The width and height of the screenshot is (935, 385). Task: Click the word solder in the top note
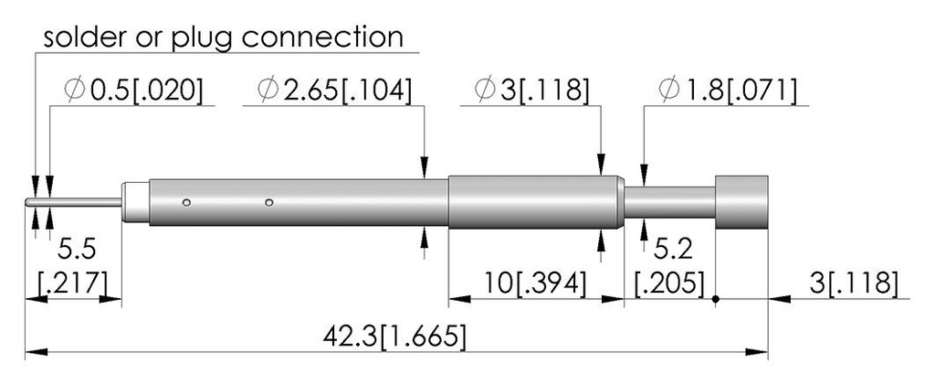coord(81,37)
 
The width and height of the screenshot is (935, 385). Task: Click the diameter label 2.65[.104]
coord(334,91)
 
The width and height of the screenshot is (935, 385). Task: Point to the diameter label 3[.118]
coord(531,91)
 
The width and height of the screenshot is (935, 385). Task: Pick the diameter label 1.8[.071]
coord(728,91)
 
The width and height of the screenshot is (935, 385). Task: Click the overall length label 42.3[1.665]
coord(394,337)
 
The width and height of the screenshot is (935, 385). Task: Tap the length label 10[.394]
coord(533,284)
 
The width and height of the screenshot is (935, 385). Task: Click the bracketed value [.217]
coord(74,283)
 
